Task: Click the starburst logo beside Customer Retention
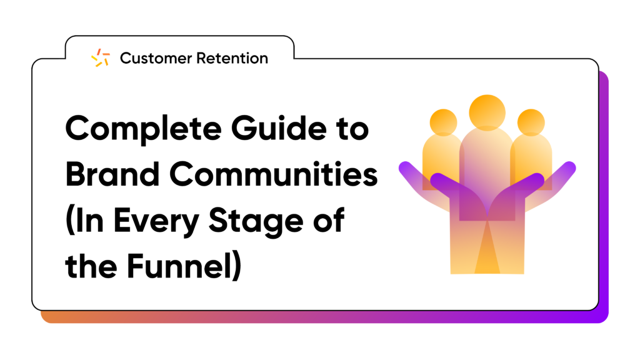click(x=101, y=58)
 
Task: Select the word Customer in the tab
click(x=156, y=58)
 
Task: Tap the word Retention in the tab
click(x=232, y=58)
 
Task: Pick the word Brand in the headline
click(x=112, y=174)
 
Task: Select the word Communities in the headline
click(x=274, y=174)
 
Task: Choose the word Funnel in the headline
click(x=177, y=266)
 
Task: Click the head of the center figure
click(x=487, y=112)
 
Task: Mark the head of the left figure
click(x=443, y=122)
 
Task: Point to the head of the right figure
click(x=531, y=122)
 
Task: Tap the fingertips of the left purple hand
click(x=405, y=167)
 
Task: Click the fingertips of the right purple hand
click(x=569, y=167)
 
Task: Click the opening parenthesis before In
click(x=69, y=221)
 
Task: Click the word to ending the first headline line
click(x=352, y=129)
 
